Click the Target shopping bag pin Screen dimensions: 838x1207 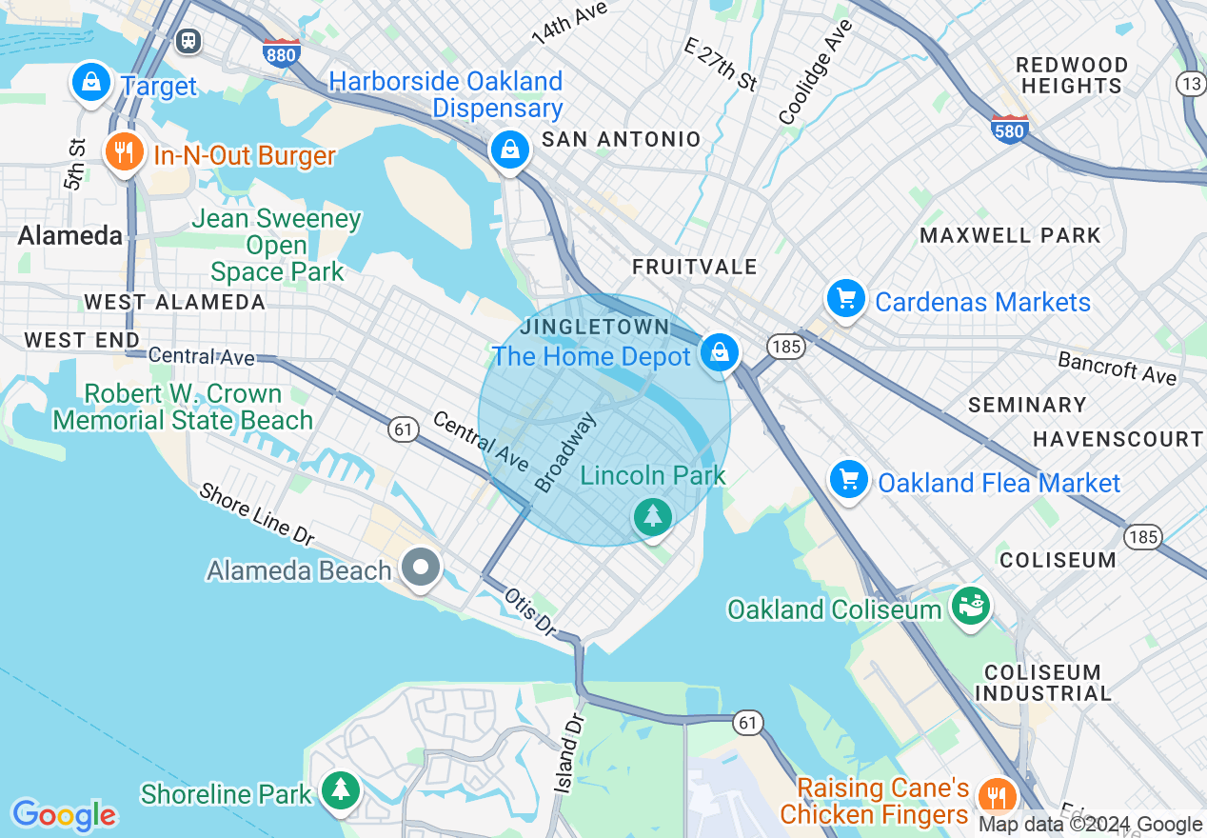coord(91,83)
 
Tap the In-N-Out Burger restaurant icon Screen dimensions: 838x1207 coord(123,152)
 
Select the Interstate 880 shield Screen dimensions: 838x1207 coord(282,53)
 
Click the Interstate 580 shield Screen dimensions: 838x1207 coord(1009,130)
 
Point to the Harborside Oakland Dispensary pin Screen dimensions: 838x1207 coord(509,150)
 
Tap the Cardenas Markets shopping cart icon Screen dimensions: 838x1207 coord(845,299)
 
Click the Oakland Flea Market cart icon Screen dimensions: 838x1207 coord(848,480)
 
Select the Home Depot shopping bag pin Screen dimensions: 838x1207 coord(720,352)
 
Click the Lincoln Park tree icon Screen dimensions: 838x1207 coord(653,516)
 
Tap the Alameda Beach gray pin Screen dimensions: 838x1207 coord(421,568)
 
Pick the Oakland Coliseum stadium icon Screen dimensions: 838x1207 coord(970,606)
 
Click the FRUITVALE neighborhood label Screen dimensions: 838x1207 coord(695,267)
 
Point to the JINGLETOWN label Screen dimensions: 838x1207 coord(594,328)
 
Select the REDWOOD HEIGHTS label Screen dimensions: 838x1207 coord(1071,75)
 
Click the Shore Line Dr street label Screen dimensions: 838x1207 coord(256,514)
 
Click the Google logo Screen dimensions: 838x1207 coord(64,815)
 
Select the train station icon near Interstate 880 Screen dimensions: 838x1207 coord(188,40)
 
